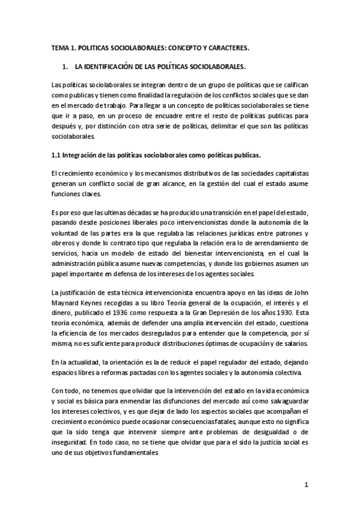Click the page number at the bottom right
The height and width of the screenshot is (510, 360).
pos(305,485)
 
